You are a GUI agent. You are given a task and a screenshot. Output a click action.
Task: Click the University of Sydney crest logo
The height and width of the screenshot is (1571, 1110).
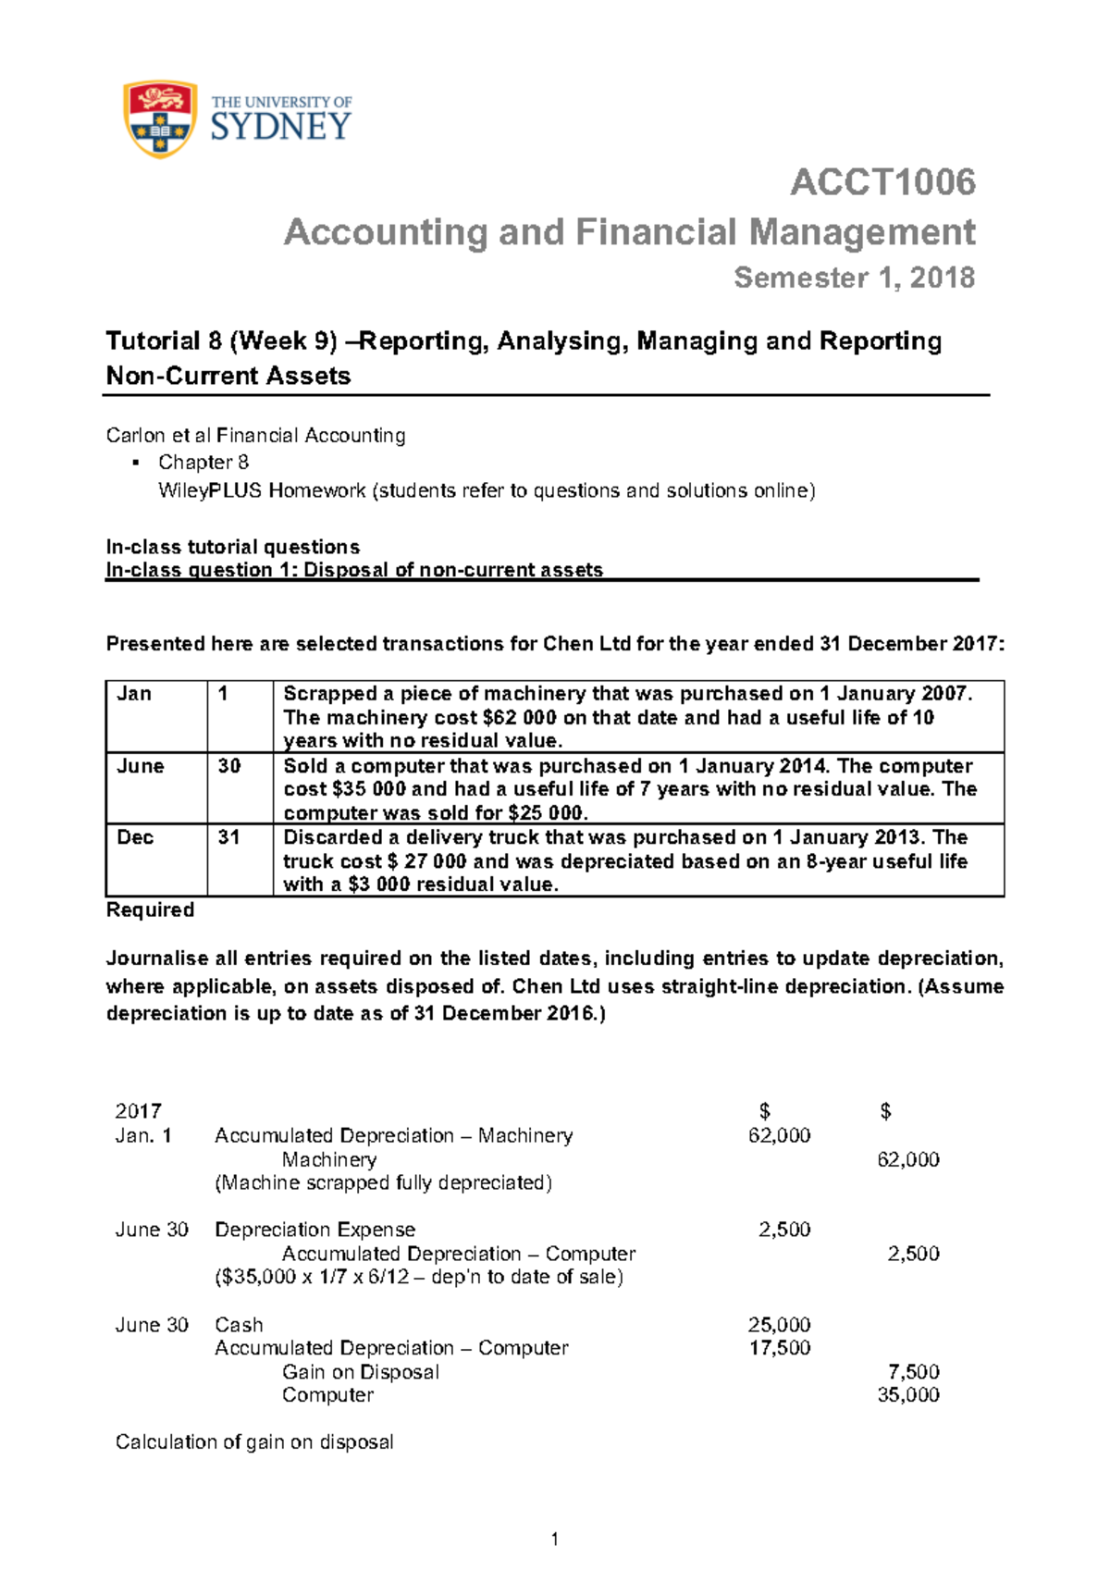(x=160, y=119)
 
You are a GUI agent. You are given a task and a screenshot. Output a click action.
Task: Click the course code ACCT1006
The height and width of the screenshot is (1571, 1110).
(x=882, y=182)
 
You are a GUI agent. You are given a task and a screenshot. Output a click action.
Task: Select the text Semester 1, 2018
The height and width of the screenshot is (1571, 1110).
(x=854, y=278)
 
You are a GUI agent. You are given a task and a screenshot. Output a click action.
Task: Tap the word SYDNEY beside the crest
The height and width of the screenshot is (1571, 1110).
(x=281, y=127)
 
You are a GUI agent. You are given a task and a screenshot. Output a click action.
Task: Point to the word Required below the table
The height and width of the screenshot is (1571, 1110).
(x=150, y=910)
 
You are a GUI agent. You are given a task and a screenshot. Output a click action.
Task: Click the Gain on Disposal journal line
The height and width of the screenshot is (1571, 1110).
(x=361, y=1372)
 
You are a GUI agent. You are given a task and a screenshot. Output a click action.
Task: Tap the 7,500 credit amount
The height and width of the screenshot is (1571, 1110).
(x=913, y=1372)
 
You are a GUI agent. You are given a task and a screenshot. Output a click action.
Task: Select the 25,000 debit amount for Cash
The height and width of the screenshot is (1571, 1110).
(x=779, y=1325)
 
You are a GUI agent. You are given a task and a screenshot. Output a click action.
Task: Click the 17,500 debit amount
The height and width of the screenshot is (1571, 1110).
(x=779, y=1348)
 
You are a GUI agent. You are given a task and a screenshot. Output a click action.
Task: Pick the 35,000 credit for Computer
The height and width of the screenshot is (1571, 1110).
(x=907, y=1395)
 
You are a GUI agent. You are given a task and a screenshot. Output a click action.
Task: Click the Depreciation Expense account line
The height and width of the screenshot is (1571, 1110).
(x=314, y=1230)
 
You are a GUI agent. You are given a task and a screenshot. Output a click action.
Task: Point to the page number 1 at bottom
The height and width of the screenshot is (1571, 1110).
(x=554, y=1540)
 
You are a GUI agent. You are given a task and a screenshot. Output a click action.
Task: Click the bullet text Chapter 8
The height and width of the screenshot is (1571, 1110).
(x=203, y=463)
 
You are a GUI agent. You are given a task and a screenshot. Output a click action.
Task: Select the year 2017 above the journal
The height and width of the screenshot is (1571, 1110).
(x=138, y=1111)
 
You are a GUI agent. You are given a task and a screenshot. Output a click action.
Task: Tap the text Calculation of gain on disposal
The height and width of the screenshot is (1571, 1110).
(x=254, y=1442)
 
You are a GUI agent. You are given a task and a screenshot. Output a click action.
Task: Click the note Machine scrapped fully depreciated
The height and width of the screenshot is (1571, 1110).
(x=383, y=1183)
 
